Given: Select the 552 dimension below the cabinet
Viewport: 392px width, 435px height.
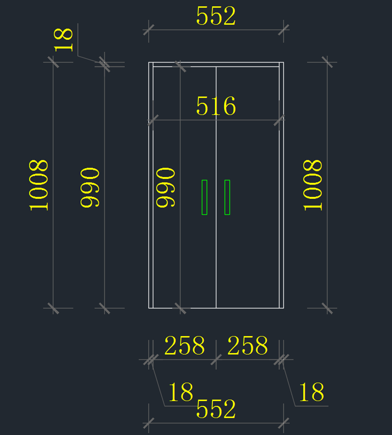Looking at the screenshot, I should point(216,409).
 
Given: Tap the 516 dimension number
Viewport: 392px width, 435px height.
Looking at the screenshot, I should point(216,106).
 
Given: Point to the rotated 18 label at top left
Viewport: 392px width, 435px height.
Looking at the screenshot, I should point(63,40).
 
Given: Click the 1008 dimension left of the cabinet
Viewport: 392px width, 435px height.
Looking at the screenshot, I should point(39,185).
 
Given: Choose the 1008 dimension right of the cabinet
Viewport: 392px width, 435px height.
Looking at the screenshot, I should point(313,185).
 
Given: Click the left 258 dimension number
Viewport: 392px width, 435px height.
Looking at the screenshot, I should point(185,346).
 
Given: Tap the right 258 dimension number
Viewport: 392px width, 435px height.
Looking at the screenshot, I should point(248,346).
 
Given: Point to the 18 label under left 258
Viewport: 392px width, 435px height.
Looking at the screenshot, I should point(181,392).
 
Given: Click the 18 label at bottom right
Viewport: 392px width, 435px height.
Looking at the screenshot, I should point(311,392).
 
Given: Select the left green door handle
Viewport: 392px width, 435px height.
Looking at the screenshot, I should point(204,197).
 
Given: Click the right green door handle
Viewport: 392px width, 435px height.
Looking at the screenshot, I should point(227,197).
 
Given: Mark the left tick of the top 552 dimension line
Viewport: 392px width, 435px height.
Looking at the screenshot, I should point(149,30).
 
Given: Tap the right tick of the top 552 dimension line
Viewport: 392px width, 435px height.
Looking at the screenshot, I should point(284,30).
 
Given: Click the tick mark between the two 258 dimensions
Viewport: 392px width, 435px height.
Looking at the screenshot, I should point(216,360).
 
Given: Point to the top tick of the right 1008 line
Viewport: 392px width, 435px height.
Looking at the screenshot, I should point(327,62).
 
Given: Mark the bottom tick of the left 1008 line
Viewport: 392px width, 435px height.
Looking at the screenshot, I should point(53,308).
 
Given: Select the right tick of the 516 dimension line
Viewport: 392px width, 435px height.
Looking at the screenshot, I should point(279,120).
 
